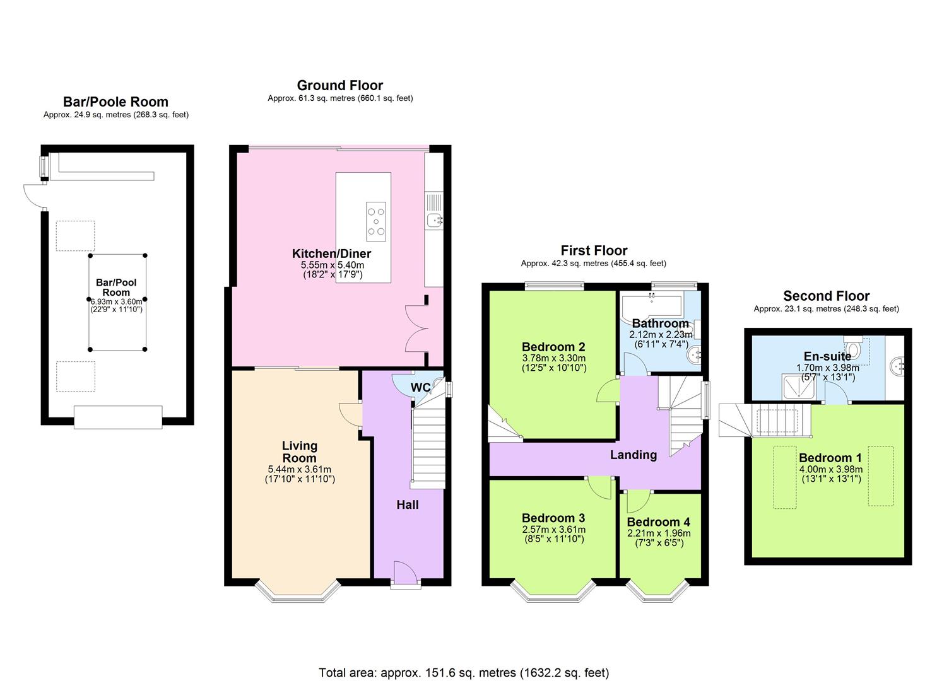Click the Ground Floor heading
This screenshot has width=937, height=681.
(340, 85)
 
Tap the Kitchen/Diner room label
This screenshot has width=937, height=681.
(331, 253)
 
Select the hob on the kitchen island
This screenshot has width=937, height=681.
(376, 221)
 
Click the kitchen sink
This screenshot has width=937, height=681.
(434, 220)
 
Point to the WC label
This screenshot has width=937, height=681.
(420, 387)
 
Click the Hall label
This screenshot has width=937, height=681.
(407, 504)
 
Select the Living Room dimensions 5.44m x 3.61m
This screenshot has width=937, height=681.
(300, 469)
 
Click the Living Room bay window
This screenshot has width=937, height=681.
(298, 593)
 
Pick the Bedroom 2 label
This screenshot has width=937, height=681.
(553, 347)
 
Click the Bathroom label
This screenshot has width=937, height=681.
(661, 323)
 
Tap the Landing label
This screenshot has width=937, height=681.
(633, 455)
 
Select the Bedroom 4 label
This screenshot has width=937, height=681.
(658, 522)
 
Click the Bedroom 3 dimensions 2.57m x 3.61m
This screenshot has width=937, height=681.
(553, 529)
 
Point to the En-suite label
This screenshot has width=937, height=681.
(827, 356)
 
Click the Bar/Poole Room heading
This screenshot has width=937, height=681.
(115, 102)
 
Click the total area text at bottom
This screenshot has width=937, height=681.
(464, 673)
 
